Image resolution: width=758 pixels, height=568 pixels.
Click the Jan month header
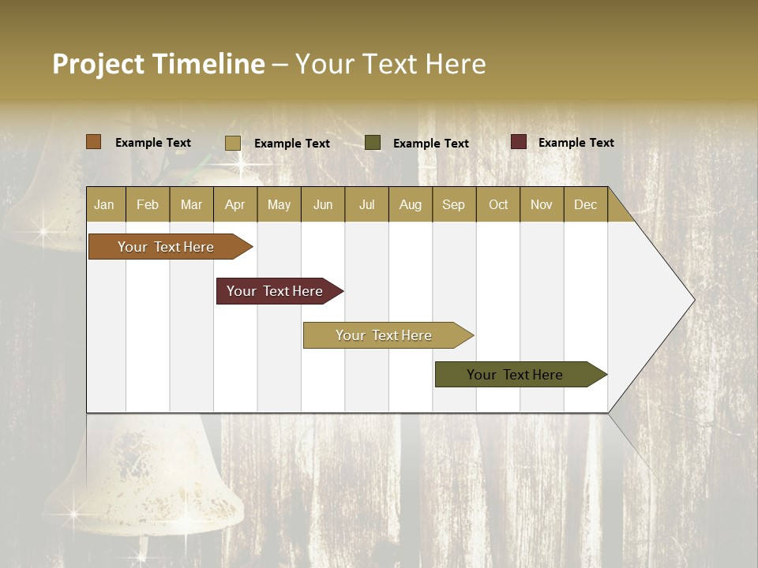[x=105, y=204]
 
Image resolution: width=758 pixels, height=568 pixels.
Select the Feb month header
[x=148, y=204]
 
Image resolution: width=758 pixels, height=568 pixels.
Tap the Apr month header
[x=235, y=204]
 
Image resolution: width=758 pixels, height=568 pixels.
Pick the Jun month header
[x=323, y=204]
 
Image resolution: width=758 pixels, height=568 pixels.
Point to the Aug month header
[x=410, y=204]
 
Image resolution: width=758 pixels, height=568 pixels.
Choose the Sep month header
[x=453, y=204]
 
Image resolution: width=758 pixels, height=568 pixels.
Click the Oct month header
[x=498, y=204]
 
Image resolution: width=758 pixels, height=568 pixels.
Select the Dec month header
[x=585, y=204]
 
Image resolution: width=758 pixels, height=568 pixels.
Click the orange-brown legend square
[x=93, y=142]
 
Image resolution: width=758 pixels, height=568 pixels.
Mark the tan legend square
[x=232, y=143]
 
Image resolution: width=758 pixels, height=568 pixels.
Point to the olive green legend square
[x=373, y=143]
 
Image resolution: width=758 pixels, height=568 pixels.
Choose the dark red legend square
[x=518, y=142]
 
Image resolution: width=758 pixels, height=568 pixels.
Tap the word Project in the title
[x=99, y=64]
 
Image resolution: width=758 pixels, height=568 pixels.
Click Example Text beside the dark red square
[x=576, y=142]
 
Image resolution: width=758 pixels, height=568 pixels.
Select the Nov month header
[x=542, y=204]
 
